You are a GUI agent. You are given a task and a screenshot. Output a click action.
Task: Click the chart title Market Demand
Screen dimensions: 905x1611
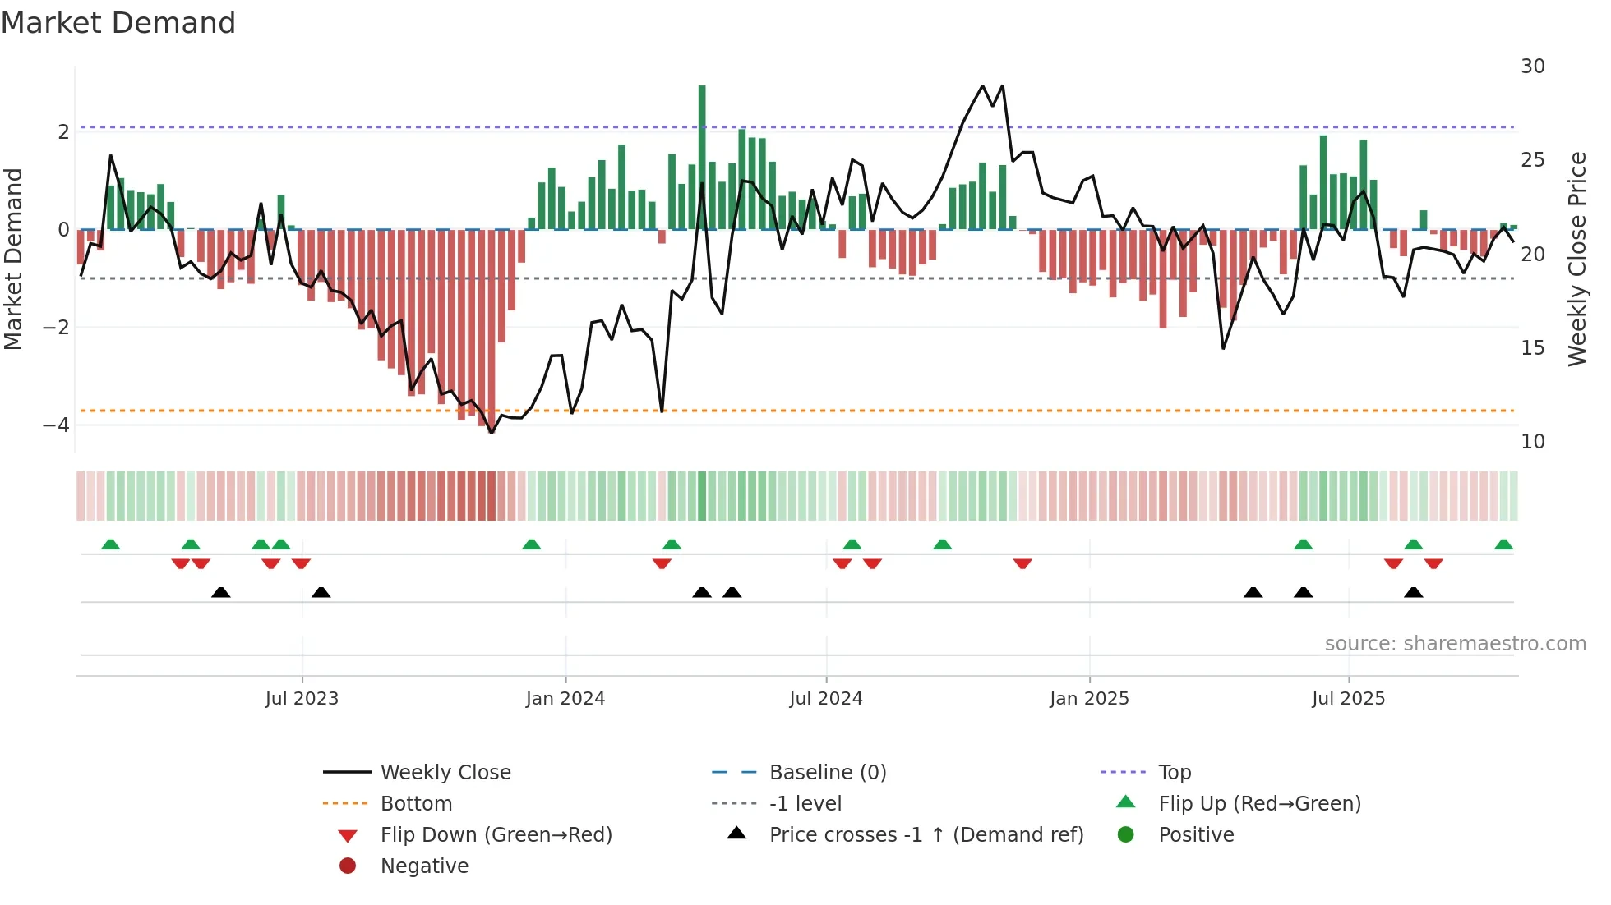click(118, 23)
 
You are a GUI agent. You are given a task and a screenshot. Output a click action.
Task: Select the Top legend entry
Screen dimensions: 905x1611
click(1174, 772)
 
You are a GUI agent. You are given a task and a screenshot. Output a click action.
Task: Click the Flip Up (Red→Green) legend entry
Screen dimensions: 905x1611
click(1259, 803)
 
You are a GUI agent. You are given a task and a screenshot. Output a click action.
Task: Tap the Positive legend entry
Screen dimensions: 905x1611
click(1196, 834)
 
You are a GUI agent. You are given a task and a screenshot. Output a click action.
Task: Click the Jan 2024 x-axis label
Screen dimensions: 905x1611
click(565, 698)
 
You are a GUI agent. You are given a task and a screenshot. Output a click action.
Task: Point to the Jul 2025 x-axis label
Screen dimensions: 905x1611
click(1348, 698)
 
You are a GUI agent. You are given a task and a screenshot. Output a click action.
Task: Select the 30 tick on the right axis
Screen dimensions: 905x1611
click(1532, 66)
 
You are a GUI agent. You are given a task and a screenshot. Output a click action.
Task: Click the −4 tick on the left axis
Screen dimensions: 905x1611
click(56, 425)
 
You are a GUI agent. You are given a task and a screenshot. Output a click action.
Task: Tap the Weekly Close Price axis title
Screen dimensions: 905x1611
click(1576, 259)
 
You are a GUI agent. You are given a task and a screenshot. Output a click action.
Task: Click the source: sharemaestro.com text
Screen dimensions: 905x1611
click(1455, 643)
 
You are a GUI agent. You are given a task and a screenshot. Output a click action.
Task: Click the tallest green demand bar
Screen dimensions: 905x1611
click(702, 156)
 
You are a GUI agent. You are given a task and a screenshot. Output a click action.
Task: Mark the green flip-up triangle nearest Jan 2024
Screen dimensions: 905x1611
click(532, 544)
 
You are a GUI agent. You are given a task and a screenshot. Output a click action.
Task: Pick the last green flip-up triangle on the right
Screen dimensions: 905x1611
click(1503, 544)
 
